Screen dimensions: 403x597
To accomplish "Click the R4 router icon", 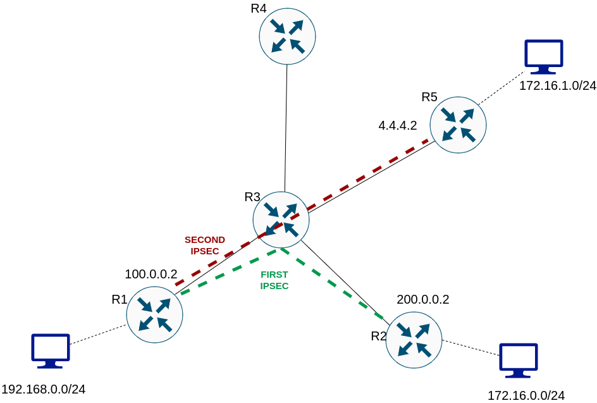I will [287, 36].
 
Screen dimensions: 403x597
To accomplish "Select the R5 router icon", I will [458, 125].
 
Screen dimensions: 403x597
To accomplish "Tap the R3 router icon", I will [281, 220].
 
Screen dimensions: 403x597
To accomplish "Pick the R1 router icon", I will [154, 314].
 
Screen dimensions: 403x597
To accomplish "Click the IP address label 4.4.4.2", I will [398, 125].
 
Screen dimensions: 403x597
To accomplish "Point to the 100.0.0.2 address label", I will [151, 275].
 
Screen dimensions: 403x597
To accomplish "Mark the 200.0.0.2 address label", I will [423, 300].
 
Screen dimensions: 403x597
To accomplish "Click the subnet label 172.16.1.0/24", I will [558, 86].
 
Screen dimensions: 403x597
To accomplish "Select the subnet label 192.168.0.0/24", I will [44, 389].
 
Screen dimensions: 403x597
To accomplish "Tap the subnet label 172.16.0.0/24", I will [526, 396].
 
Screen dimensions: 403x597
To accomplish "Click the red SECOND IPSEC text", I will [204, 245].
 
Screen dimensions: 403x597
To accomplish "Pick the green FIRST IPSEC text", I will [274, 280].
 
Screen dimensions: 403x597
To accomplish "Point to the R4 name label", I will [258, 9].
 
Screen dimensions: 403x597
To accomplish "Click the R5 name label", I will [429, 97].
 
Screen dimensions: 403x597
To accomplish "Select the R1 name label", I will [120, 299].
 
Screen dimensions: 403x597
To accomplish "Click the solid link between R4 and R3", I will [286, 127].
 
